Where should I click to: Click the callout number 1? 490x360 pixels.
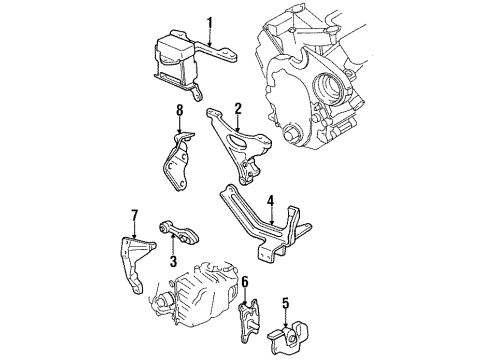[x=210, y=21]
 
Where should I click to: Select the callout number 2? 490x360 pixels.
[x=238, y=108]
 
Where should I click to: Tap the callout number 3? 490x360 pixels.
[x=172, y=262]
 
